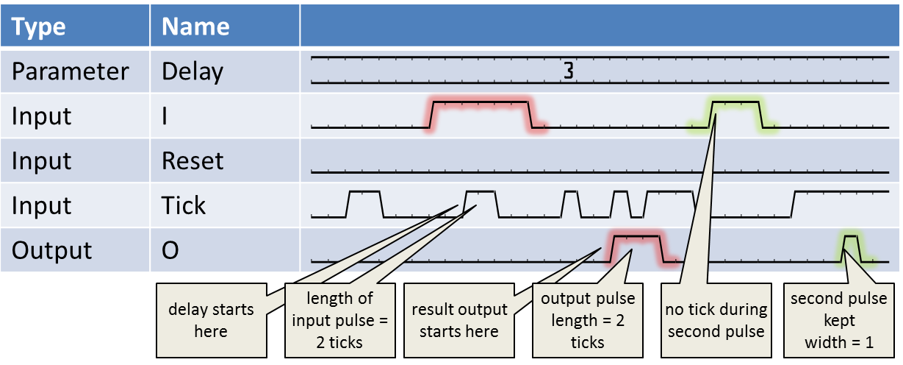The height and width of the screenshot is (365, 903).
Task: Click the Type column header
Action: coord(39,27)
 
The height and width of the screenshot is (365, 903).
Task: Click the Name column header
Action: coord(195,27)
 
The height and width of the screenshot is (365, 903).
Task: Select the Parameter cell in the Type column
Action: coord(70,71)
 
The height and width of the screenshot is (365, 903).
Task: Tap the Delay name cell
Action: coord(192,71)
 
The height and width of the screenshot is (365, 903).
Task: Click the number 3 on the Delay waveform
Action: coord(568,71)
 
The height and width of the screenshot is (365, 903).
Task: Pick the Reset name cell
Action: coord(193,160)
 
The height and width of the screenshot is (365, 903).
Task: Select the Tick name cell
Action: coord(184,205)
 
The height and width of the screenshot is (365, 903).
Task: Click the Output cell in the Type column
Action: coord(51,250)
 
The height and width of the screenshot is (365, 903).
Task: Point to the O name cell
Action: coord(170,250)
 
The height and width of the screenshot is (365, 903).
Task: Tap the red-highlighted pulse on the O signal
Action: coord(636,247)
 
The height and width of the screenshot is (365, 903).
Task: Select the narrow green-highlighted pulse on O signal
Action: coord(851,247)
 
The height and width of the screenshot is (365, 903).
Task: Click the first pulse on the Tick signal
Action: coord(365,202)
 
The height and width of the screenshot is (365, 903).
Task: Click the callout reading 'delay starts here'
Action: coord(210,320)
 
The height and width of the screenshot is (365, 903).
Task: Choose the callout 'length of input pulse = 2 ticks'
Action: coord(339,320)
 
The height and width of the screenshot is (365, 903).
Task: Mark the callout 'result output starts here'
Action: coord(458,320)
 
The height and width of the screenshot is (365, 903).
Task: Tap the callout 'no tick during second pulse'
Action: coord(716,320)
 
